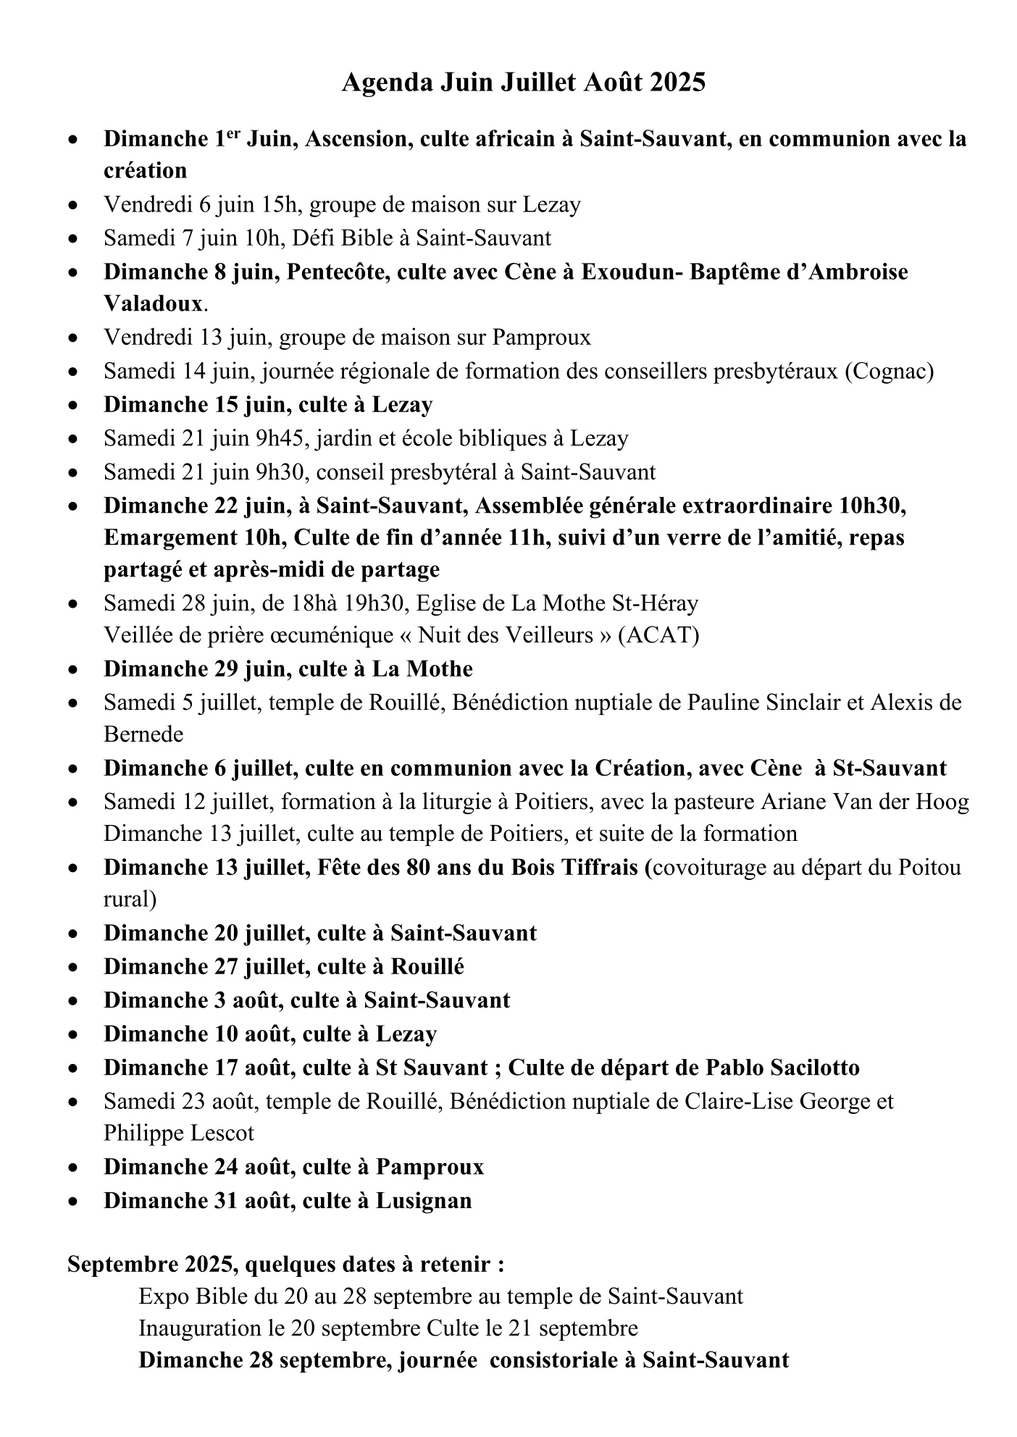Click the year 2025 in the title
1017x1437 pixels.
(677, 83)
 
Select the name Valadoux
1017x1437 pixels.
(152, 303)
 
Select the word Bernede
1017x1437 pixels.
(143, 734)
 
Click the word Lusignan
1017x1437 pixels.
(423, 1200)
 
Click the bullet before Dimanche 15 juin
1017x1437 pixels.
(73, 405)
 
